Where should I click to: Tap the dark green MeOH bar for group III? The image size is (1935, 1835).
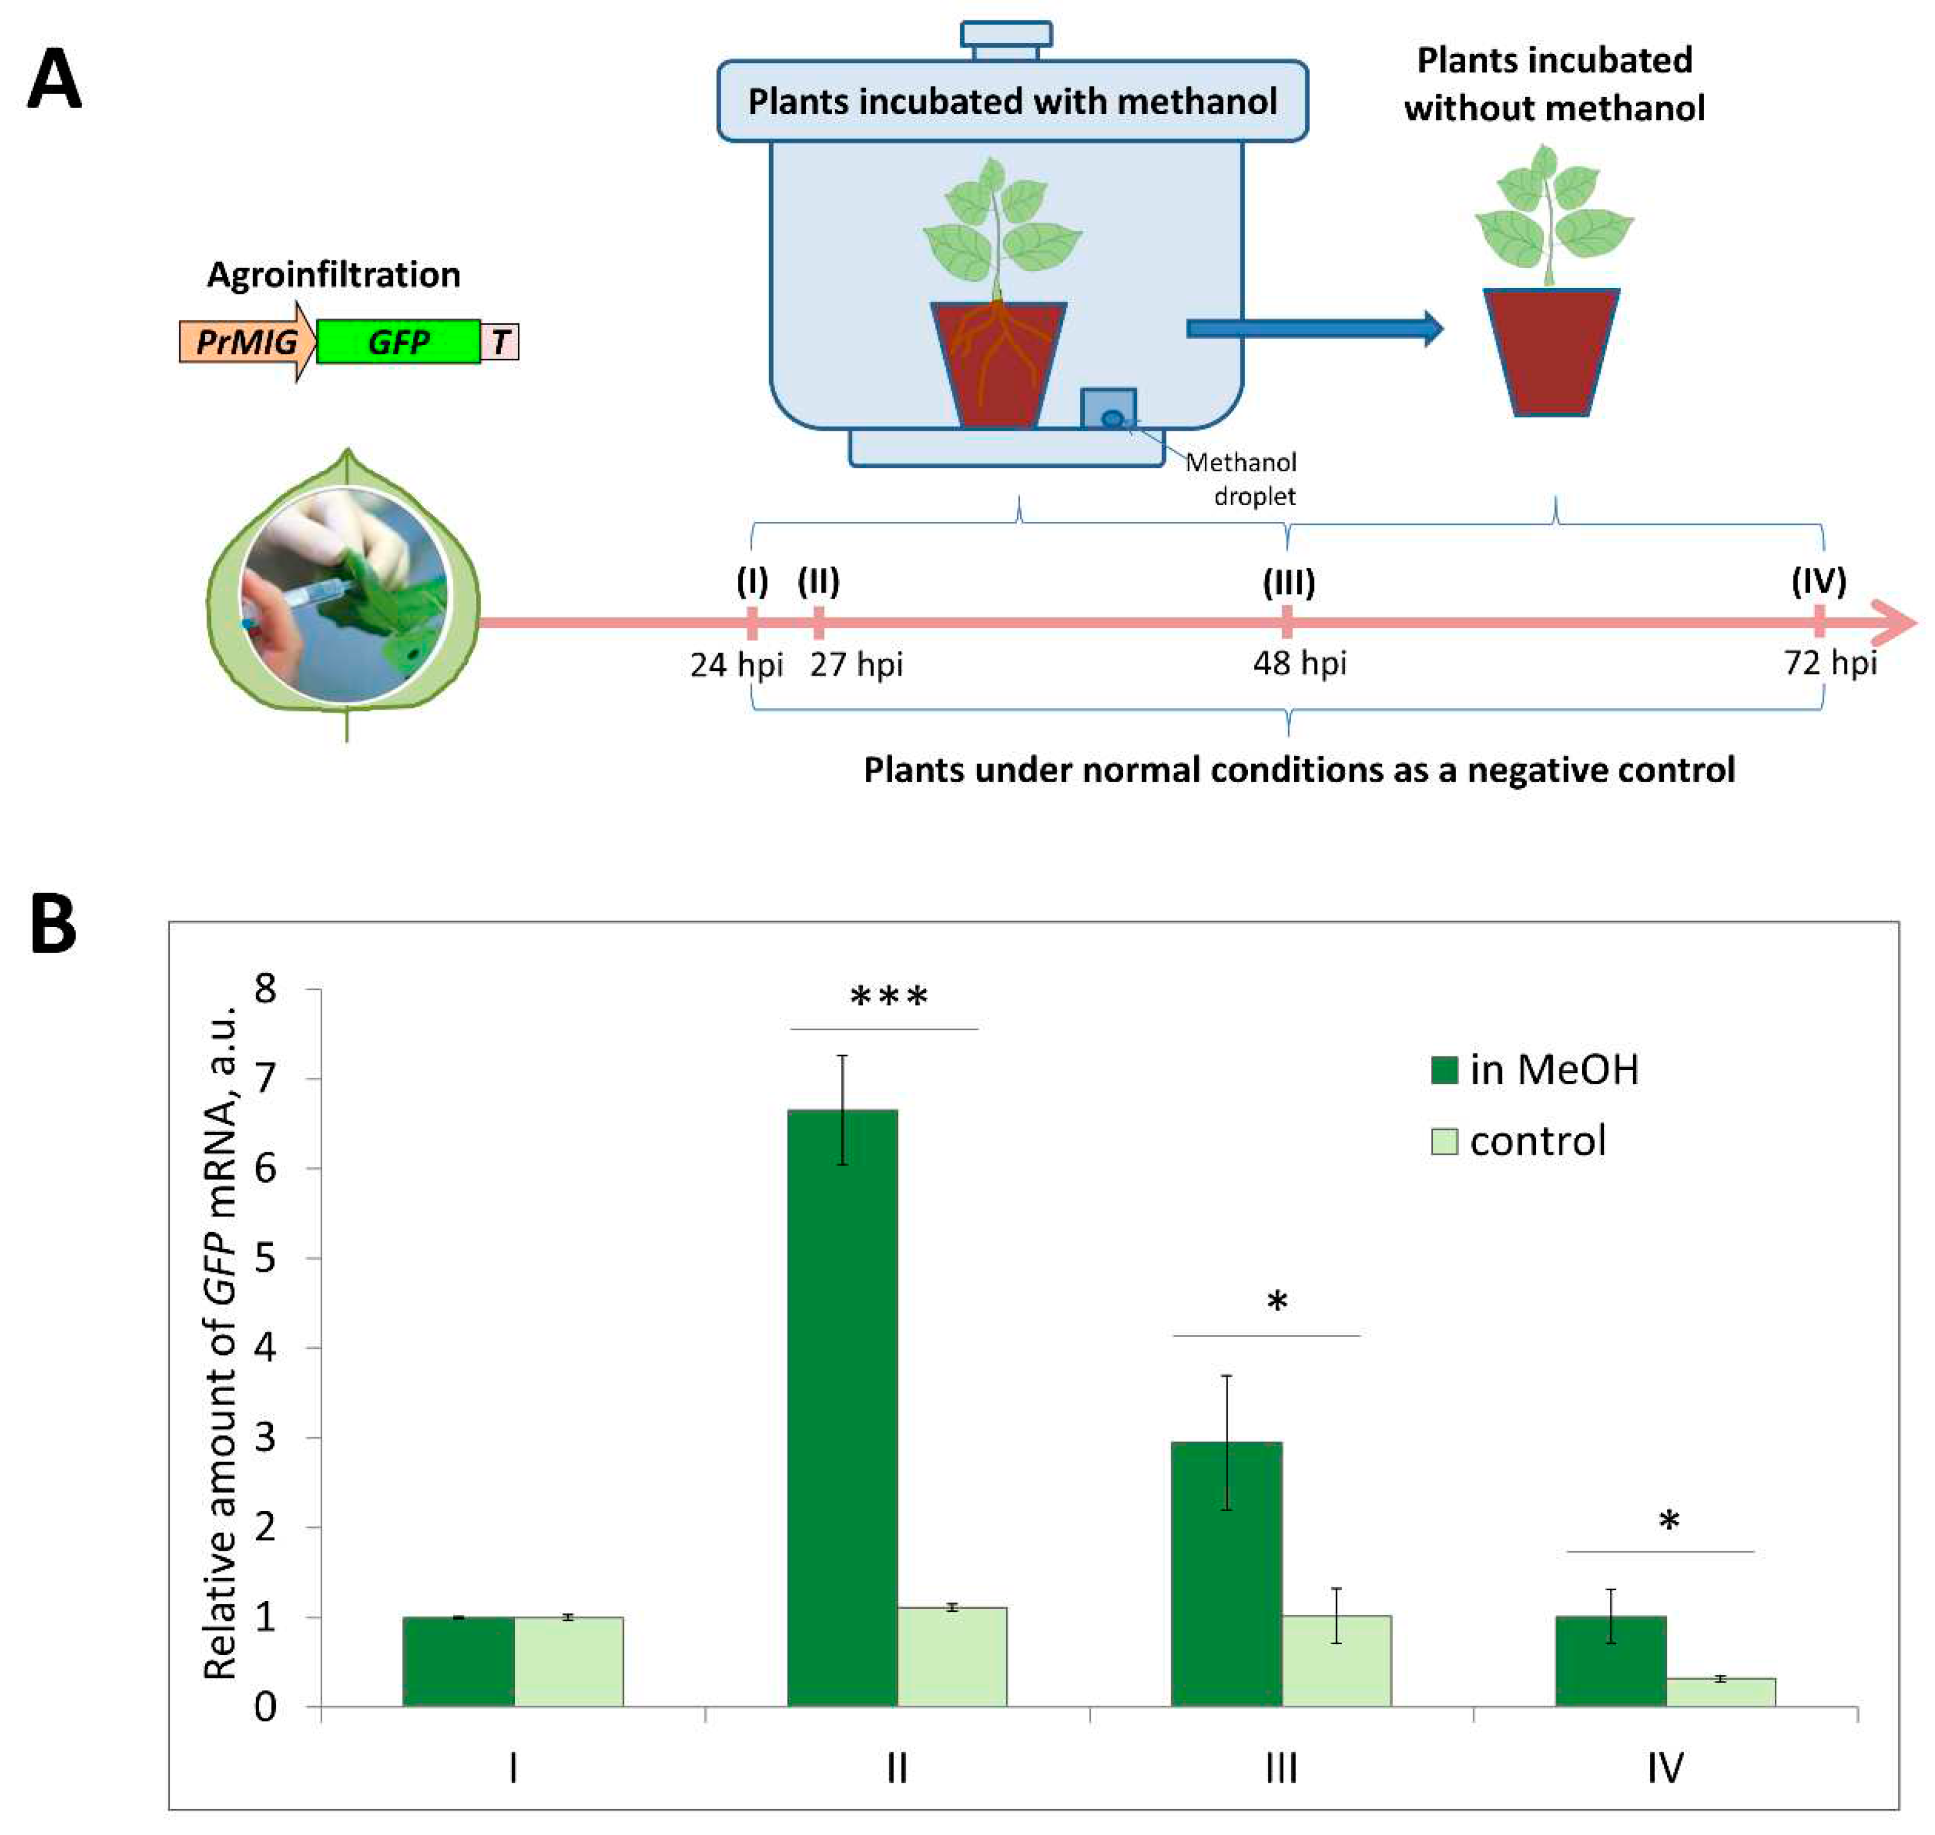pos(1226,1575)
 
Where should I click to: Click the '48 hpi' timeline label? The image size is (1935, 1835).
pos(1299,663)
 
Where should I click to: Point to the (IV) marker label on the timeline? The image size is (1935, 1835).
pos(1817,581)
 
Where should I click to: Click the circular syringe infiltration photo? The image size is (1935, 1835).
pos(344,594)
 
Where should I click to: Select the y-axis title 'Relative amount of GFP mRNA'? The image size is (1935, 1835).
pos(220,1340)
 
